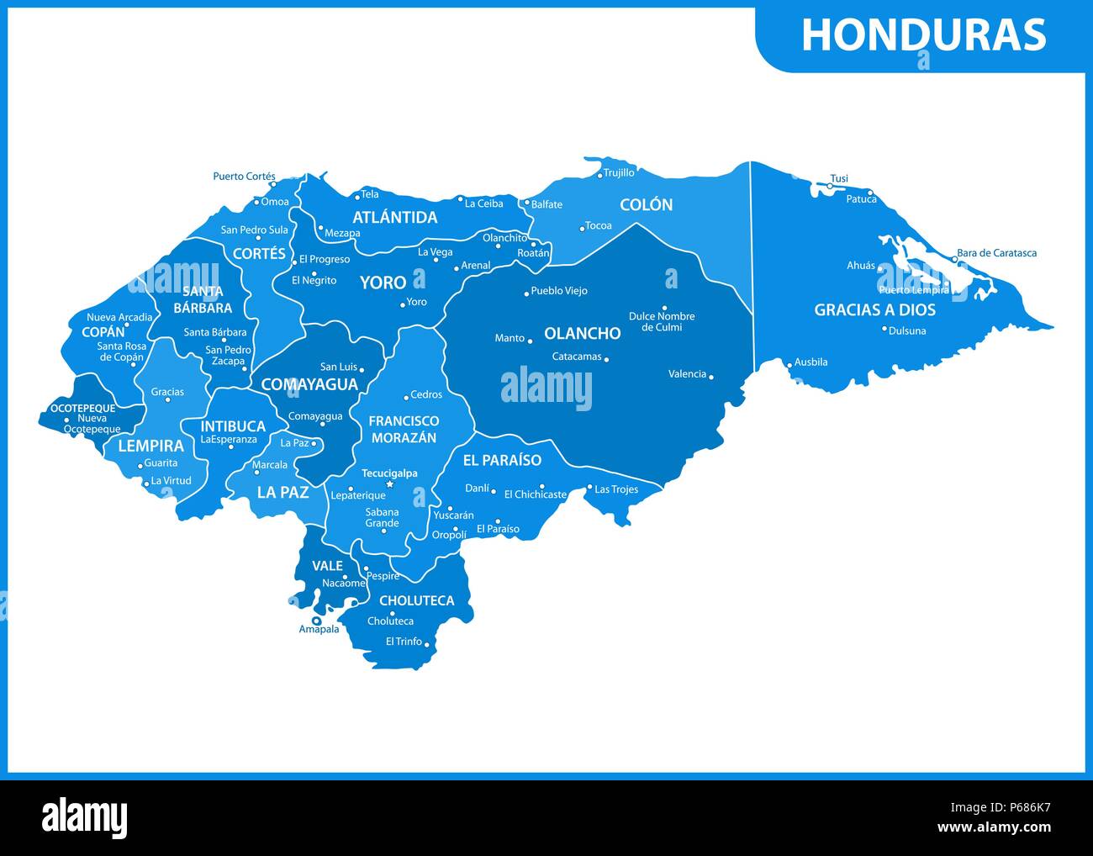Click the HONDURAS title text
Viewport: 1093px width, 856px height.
923,35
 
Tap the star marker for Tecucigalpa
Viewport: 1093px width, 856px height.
389,484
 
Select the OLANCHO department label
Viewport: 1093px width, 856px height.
582,333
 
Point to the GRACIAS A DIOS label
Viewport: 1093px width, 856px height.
874,309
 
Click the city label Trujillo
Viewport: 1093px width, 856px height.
619,172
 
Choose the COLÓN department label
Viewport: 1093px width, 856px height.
646,204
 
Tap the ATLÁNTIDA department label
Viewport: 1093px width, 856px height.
394,217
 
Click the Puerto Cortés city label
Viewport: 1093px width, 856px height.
244,177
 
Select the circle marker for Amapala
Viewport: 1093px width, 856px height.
316,621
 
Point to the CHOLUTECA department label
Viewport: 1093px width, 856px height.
416,600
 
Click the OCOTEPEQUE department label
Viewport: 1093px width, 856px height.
82,408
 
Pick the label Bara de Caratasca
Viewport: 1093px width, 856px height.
996,252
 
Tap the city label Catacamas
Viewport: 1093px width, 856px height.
577,357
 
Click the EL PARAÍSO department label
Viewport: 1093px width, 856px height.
502,460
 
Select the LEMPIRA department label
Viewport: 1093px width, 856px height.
150,446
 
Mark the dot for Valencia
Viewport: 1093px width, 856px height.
711,377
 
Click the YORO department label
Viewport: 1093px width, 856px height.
383,283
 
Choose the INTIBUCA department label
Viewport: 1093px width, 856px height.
233,426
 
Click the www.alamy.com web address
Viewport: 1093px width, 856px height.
994,828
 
